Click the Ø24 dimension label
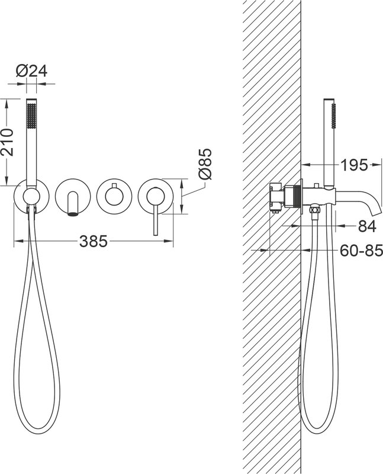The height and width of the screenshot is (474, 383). [x=32, y=71]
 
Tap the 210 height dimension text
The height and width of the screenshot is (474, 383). [x=7, y=142]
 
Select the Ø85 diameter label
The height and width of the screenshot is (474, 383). [x=205, y=164]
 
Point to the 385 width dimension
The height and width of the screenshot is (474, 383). [x=94, y=241]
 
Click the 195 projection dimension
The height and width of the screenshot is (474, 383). [x=355, y=165]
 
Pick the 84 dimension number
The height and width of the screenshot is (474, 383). [x=367, y=226]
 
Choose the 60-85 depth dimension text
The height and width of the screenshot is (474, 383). [x=362, y=251]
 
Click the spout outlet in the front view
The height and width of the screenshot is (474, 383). [x=73, y=214]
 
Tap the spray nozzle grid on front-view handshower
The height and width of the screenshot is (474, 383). [x=31, y=115]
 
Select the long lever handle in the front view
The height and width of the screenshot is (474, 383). [x=156, y=216]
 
